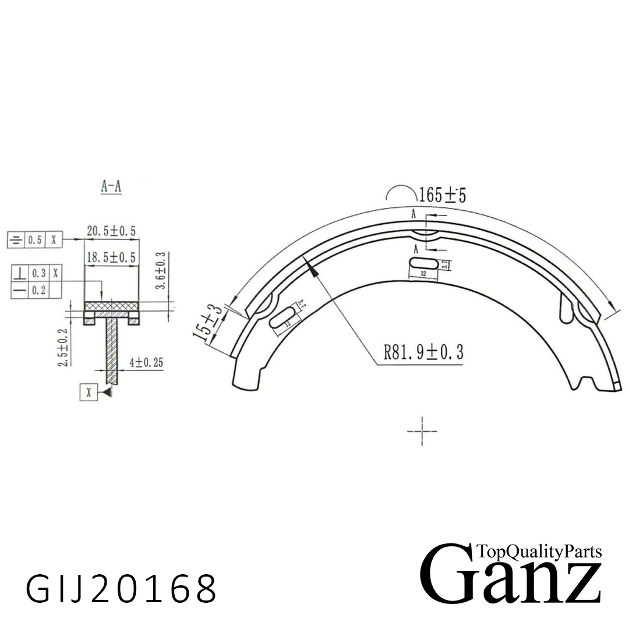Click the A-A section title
(x=111, y=186)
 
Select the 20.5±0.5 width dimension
(x=111, y=231)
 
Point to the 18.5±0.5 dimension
(x=111, y=257)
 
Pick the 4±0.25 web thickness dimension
(x=146, y=362)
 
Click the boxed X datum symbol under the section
(x=89, y=393)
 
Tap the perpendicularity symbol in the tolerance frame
(x=20, y=272)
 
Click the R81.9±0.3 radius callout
(x=423, y=352)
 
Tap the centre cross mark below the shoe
(x=422, y=431)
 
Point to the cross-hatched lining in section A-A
(x=111, y=306)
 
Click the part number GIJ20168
(x=121, y=588)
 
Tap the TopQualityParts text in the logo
(x=539, y=551)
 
